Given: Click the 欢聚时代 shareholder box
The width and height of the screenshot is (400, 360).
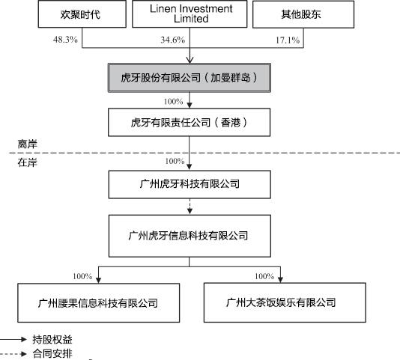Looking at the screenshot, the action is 82,13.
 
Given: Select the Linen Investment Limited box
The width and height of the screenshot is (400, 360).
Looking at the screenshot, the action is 190,13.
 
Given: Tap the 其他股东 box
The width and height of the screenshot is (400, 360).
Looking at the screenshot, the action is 303,14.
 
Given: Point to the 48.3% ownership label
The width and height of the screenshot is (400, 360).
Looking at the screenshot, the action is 65,40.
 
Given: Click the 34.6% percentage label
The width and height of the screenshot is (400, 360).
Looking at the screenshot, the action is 173,40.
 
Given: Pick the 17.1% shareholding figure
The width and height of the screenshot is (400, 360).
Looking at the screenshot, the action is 288,40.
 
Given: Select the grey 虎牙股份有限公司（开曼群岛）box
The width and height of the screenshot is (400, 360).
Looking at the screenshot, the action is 190,78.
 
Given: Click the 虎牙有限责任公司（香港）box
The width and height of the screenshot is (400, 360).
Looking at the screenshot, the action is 190,123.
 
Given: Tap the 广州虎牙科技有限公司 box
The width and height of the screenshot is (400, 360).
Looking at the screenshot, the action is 190,184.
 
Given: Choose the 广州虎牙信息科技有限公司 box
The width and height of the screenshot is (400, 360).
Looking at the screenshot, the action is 190,236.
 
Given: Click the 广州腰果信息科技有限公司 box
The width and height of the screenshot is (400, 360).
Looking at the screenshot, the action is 98,302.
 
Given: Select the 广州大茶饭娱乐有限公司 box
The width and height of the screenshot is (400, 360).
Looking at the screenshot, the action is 285,302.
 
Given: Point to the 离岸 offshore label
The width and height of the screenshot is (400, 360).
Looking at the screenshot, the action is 27,144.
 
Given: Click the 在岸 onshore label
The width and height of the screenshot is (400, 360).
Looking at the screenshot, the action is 27,162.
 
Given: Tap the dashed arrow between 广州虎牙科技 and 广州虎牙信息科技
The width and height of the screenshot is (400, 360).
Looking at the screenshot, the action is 190,207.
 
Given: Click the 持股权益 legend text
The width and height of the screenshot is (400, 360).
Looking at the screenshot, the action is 52,340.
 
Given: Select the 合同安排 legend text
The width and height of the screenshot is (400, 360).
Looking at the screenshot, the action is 52,353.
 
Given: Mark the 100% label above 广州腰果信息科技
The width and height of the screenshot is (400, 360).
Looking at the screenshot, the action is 82,276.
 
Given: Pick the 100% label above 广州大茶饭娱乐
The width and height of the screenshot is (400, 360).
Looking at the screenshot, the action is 264,276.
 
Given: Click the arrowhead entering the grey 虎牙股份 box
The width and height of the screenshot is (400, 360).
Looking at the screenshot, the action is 190,60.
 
